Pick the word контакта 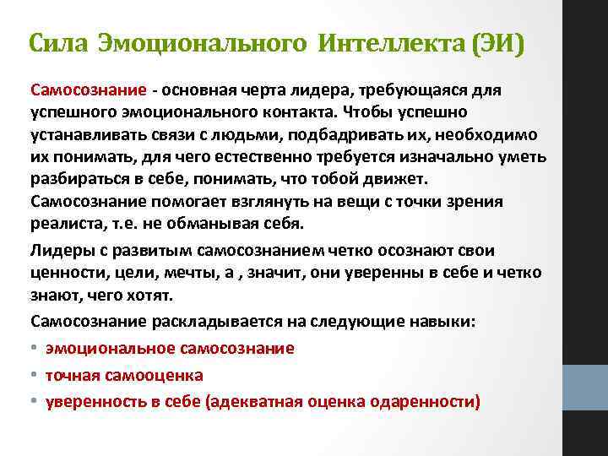pos(297,112)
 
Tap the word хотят pos(151,296)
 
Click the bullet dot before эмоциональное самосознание pos(35,348)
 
